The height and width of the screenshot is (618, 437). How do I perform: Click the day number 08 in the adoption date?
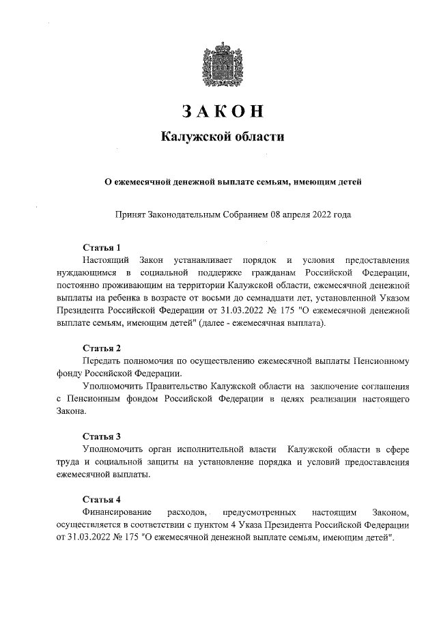tap(277, 214)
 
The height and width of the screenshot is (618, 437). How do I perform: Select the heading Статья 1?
tap(102, 247)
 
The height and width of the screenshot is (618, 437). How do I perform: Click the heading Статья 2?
tap(102, 348)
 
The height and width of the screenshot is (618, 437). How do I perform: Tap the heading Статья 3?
tap(102, 436)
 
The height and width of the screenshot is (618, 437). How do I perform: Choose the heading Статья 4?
tap(102, 498)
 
